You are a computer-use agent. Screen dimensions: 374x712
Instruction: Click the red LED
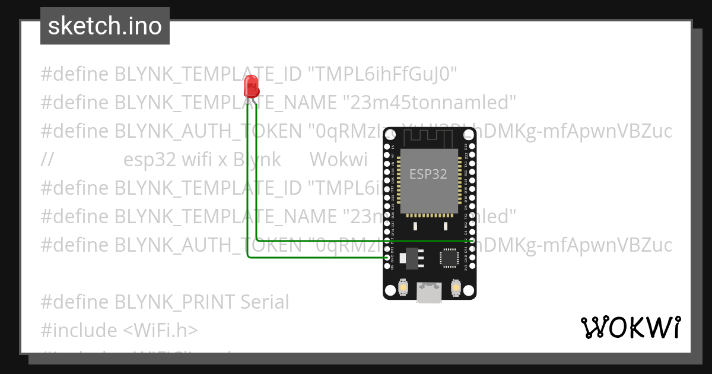(x=252, y=87)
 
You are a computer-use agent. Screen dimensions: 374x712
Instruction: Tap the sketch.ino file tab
(x=105, y=26)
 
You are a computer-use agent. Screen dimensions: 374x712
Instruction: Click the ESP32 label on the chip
(x=428, y=174)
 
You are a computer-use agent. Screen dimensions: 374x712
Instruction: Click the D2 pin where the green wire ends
(x=472, y=241)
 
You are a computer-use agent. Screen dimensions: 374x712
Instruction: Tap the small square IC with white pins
(x=449, y=258)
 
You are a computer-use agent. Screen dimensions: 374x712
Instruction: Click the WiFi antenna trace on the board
(x=429, y=138)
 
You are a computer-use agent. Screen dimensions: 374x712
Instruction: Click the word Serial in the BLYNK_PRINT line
(x=264, y=302)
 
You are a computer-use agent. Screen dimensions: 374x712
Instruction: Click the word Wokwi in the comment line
(x=338, y=160)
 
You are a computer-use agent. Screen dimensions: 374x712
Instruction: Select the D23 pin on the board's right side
(x=472, y=146)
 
